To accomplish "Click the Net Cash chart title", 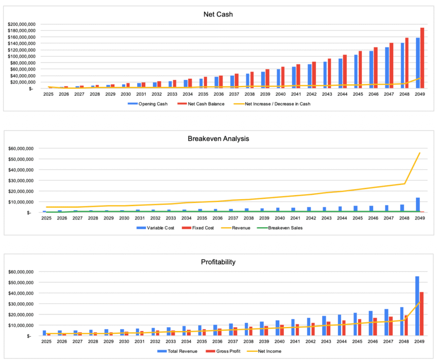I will (x=218, y=14).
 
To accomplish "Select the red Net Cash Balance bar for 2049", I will (x=422, y=58).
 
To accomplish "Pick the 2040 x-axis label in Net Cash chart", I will (x=280, y=94).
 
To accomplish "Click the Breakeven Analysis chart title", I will (x=218, y=138).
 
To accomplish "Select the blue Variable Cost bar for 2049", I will (x=417, y=205).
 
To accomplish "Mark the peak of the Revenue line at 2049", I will (x=419, y=153).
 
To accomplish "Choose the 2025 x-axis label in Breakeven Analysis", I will (x=48, y=218).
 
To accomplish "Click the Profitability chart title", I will (x=218, y=262).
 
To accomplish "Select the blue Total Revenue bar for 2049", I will (x=417, y=306).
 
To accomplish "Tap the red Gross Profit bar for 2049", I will (x=422, y=314).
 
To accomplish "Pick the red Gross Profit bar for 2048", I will (x=407, y=325).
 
